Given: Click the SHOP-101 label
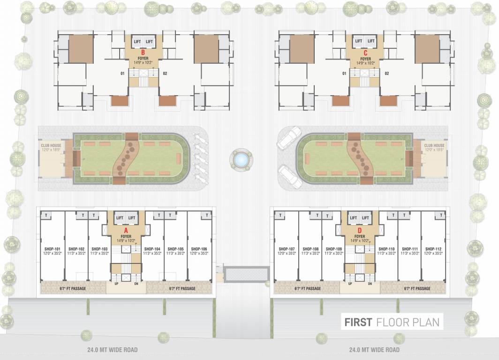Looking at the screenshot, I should [51, 249].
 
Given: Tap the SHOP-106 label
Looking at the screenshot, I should [199, 249].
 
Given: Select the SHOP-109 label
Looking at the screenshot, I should [333, 249].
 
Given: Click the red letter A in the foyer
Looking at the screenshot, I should [125, 230].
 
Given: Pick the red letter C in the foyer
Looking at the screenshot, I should [365, 53].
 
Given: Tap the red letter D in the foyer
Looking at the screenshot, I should [360, 230].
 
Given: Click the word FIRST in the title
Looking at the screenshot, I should [358, 322].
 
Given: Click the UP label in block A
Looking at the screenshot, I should [116, 284].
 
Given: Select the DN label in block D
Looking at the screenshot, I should [370, 284].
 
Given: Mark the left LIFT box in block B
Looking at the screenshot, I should [137, 41].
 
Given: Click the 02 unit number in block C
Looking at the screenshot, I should [386, 73].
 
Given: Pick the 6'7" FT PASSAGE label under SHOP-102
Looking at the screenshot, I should [72, 288].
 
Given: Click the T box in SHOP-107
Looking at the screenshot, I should [280, 215].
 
